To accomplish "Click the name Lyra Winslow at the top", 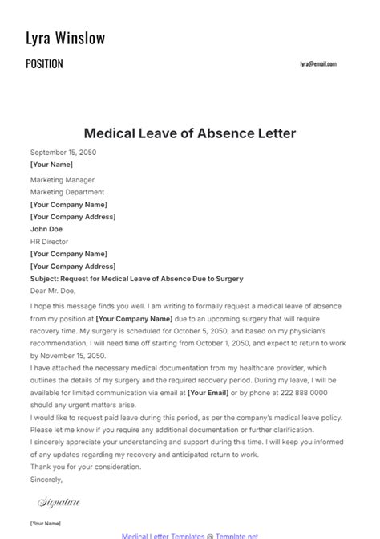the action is [x=66, y=38].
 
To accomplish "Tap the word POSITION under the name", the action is [x=44, y=64].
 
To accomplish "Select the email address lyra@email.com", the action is [x=318, y=64].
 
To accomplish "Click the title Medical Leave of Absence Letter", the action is [x=190, y=133].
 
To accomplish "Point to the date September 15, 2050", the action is [x=63, y=152].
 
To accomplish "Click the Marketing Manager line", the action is [x=63, y=180].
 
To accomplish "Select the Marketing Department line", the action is [x=67, y=192].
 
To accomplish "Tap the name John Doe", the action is [x=46, y=229].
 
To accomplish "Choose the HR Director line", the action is [x=50, y=241].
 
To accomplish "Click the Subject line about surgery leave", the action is [x=136, y=279].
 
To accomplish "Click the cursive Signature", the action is [x=59, y=503].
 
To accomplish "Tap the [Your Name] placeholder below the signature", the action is [x=45, y=523].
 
